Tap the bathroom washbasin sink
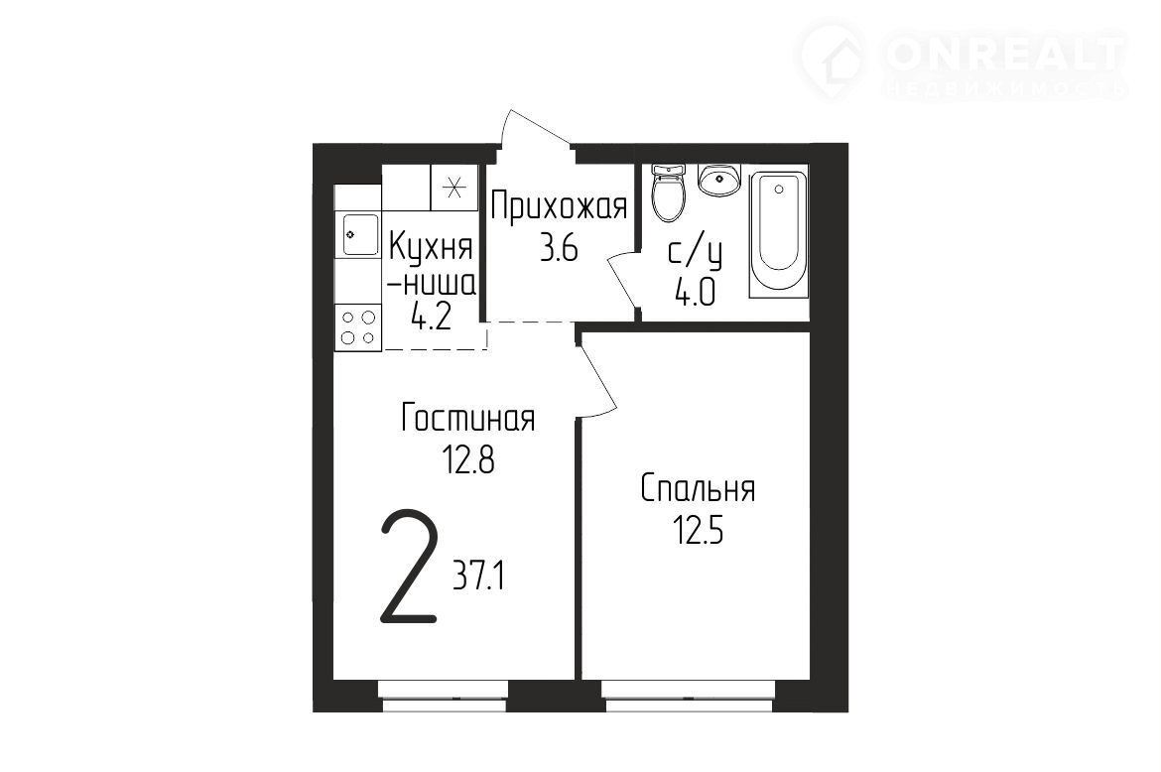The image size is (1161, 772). pyautogui.click(x=718, y=180)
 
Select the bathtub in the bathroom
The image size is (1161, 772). pyautogui.click(x=777, y=234)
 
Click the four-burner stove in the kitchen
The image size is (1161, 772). pyautogui.click(x=357, y=327)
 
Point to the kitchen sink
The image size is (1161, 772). pyautogui.click(x=360, y=234)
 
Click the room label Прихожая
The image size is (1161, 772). pyautogui.click(x=559, y=206)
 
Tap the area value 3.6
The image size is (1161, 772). pyautogui.click(x=559, y=250)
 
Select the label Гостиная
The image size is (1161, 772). pyautogui.click(x=468, y=418)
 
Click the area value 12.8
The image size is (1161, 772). pyautogui.click(x=467, y=461)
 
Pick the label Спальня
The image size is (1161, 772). pyautogui.click(x=699, y=489)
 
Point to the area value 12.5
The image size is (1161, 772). pyautogui.click(x=698, y=532)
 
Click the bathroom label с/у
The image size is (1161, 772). pyautogui.click(x=696, y=254)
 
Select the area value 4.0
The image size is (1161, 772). pyautogui.click(x=695, y=294)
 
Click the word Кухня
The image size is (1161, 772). pyautogui.click(x=431, y=247)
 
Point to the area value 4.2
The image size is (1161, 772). pyautogui.click(x=431, y=319)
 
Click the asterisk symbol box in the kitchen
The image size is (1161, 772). pyautogui.click(x=454, y=188)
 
